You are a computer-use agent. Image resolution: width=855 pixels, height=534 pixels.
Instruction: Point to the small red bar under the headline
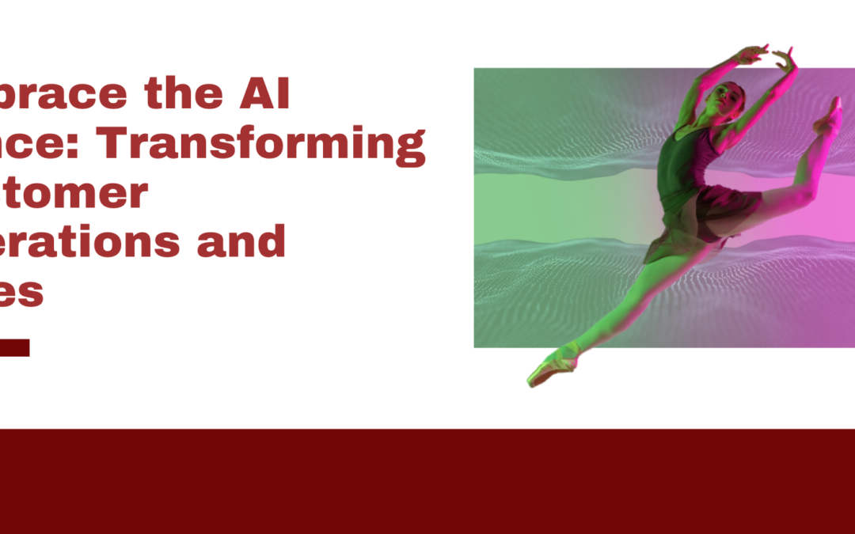(14, 347)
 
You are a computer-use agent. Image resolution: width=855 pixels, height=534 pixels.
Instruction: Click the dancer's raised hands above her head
(764, 56)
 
